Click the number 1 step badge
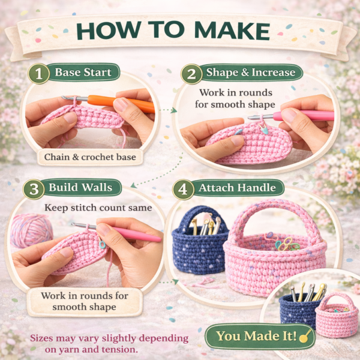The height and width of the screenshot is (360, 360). [x=38, y=75]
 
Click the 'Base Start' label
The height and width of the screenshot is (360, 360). [x=83, y=73]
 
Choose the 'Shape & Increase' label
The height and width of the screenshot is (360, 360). [x=251, y=73]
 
